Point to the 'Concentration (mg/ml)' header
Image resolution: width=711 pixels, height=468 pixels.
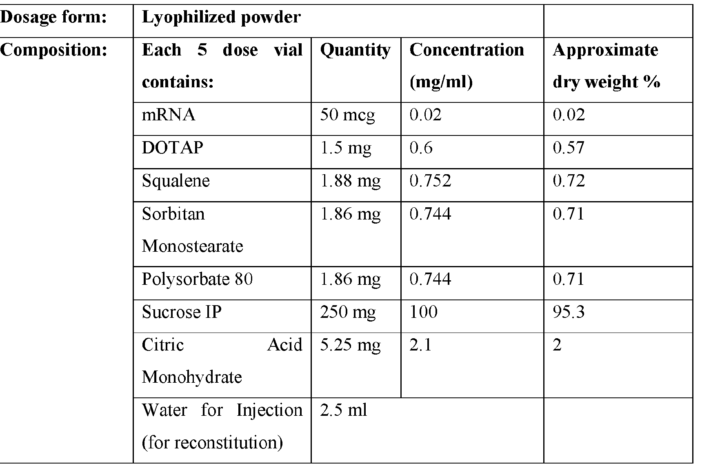pos(467,66)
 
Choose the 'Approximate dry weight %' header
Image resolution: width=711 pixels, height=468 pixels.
pos(606,66)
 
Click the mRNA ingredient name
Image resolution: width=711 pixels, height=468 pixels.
pos(169,115)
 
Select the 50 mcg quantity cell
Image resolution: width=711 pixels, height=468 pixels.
pos(347,115)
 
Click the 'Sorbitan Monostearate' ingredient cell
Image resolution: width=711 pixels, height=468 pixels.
pos(192,230)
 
